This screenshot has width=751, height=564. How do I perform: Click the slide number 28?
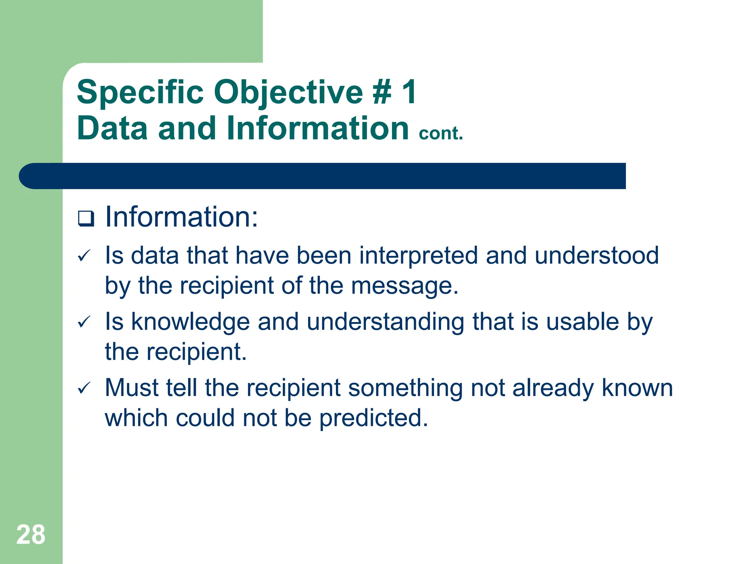tap(31, 535)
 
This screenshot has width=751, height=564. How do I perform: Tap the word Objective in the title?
tap(288, 93)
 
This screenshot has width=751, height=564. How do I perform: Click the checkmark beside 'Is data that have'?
tap(84, 256)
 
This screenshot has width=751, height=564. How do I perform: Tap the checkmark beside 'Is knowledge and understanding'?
tap(84, 322)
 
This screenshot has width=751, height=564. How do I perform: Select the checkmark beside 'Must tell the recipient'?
tap(84, 388)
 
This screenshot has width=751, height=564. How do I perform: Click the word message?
tap(404, 286)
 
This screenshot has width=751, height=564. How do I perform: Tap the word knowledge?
tap(190, 322)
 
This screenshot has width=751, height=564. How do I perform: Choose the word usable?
tap(583, 322)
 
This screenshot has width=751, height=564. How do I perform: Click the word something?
tap(405, 388)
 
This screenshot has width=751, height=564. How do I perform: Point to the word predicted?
tap(373, 419)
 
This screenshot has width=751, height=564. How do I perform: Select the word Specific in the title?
tap(140, 93)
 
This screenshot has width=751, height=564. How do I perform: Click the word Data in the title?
tap(112, 128)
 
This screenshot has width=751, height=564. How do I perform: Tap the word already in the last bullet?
tap(553, 388)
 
